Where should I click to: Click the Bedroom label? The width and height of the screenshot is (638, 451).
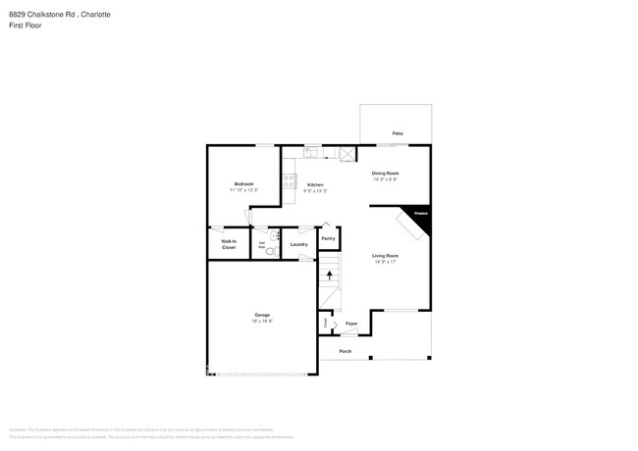(x=243, y=184)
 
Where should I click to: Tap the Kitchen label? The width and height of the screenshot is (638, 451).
(x=315, y=184)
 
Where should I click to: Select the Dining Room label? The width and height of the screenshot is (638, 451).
(x=386, y=174)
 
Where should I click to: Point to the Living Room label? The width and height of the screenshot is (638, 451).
(x=385, y=256)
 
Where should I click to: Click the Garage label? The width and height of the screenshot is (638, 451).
(x=262, y=315)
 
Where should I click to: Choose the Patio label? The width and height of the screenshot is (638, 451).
(x=398, y=133)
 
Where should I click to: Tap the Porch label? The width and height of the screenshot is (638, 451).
(x=346, y=351)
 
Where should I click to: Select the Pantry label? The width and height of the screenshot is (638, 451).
(x=328, y=238)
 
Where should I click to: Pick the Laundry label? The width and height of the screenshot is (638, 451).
(x=299, y=244)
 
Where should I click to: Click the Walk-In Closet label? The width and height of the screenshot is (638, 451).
(x=228, y=244)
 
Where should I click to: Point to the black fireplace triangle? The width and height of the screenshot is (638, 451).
(x=421, y=219)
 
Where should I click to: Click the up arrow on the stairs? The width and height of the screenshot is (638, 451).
(x=329, y=276)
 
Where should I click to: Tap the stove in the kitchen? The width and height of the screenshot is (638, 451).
(x=290, y=181)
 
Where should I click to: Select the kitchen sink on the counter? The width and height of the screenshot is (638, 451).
(x=310, y=152)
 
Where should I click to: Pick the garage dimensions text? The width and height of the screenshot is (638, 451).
(x=262, y=321)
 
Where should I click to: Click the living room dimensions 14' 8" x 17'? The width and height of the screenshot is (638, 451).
(x=385, y=262)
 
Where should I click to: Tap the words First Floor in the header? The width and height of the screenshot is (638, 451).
(x=23, y=26)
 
